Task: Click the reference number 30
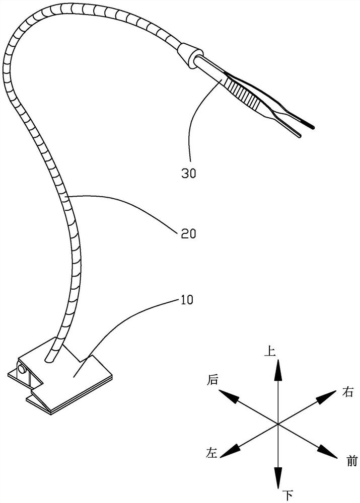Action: click(x=189, y=173)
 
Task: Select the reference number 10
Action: click(x=186, y=300)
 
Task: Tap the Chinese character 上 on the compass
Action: click(x=270, y=351)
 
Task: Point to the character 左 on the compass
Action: click(x=211, y=453)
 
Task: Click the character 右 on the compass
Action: click(x=347, y=392)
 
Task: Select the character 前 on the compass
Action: click(x=352, y=461)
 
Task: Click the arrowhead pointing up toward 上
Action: click(x=278, y=370)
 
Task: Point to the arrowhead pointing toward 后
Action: click(x=229, y=396)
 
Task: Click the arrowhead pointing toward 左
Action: click(x=229, y=452)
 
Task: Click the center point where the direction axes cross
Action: click(x=278, y=424)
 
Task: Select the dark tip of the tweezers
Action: click(x=308, y=124)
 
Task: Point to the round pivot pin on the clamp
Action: click(x=22, y=369)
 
